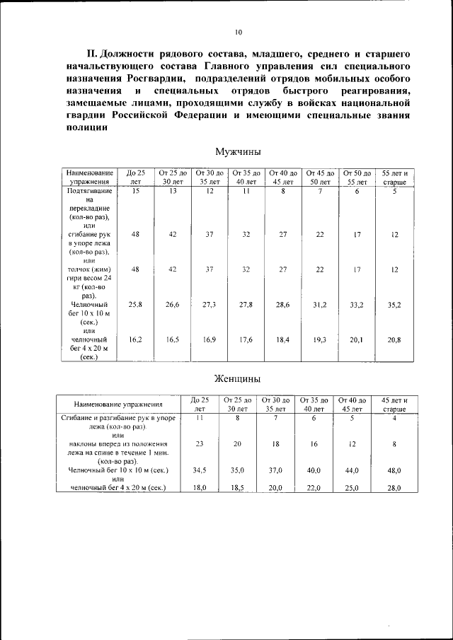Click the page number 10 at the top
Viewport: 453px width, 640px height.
click(x=238, y=32)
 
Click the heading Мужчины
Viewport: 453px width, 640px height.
click(x=238, y=151)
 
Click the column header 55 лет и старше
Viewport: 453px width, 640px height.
click(x=394, y=178)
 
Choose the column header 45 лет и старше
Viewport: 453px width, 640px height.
click(x=394, y=405)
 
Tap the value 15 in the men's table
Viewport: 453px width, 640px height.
click(x=136, y=191)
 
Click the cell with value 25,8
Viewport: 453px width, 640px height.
click(x=136, y=304)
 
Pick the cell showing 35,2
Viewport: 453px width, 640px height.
click(x=394, y=304)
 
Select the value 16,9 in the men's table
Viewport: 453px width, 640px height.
click(x=210, y=340)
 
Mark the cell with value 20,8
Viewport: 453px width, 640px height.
click(x=394, y=340)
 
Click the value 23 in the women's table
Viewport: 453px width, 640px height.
click(x=200, y=444)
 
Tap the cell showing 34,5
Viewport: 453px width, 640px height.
click(x=200, y=470)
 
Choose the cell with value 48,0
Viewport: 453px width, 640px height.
click(x=394, y=470)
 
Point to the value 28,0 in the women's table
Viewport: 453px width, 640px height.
click(x=394, y=489)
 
